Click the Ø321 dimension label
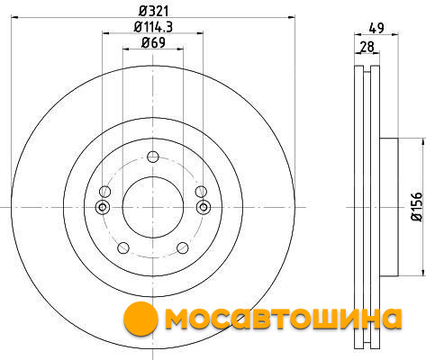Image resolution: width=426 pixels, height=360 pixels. click(153, 11)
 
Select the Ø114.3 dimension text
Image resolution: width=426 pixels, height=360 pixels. click(153, 27)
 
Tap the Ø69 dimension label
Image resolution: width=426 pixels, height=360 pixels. click(153, 42)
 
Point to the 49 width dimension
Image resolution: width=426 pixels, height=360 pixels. click(376, 28)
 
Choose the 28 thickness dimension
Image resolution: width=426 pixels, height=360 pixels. click(367, 47)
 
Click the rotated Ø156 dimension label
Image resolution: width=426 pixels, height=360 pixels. click(416, 207)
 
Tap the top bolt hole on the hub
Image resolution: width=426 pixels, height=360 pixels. click(153, 157)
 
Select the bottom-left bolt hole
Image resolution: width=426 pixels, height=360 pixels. click(123, 247)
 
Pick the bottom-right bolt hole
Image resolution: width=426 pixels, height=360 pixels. click(183, 247)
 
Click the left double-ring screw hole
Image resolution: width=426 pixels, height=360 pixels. click(103, 207)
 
